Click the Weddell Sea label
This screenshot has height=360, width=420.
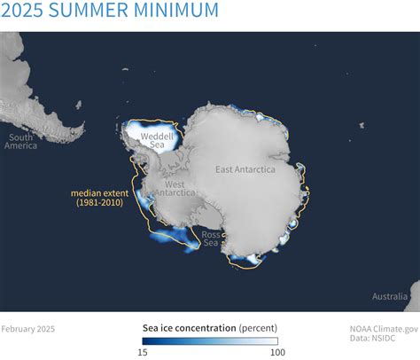(x=157, y=141)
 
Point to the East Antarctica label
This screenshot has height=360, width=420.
(x=245, y=168)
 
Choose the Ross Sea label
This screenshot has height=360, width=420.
(x=210, y=239)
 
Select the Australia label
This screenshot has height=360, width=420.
(x=391, y=295)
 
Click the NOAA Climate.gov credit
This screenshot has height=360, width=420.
(x=382, y=328)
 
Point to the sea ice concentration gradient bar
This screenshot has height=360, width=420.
(x=209, y=340)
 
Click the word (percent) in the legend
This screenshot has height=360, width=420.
(x=258, y=327)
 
